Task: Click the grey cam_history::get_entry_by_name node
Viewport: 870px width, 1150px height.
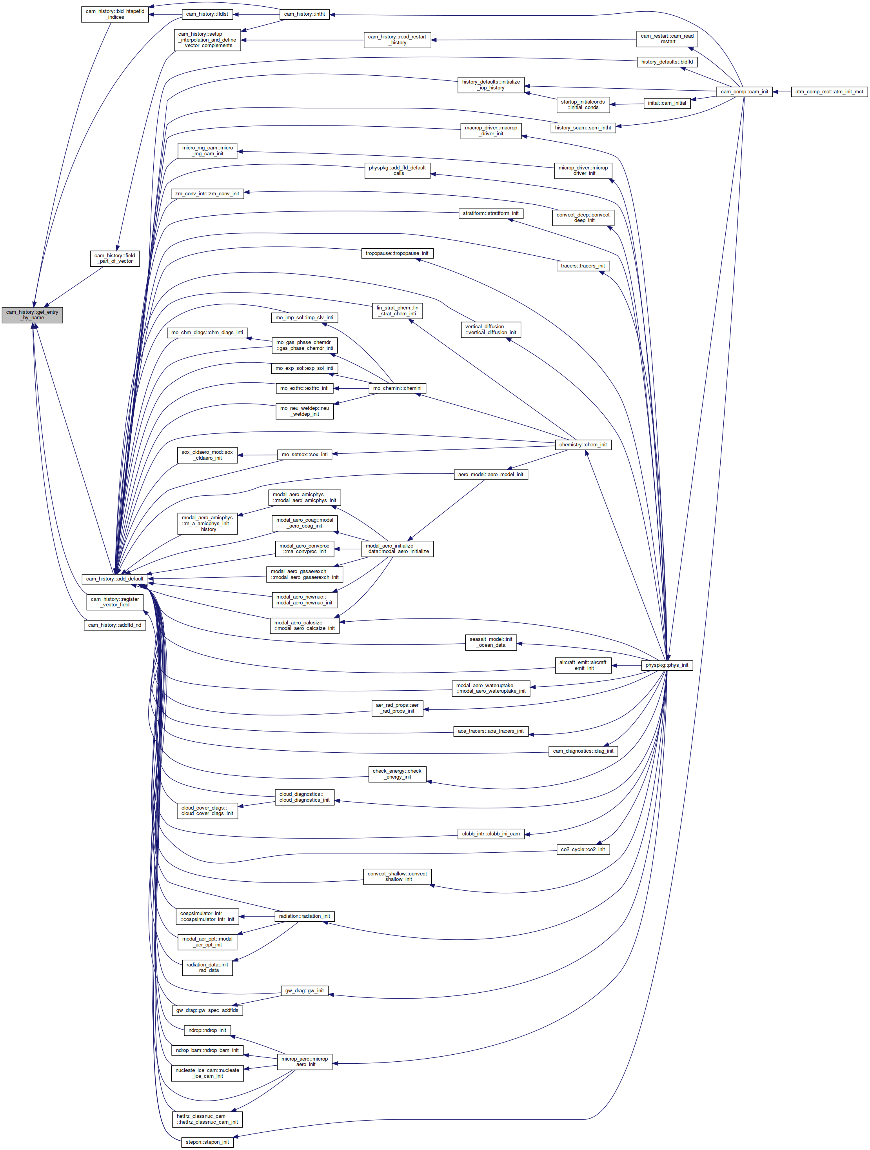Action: click(x=32, y=315)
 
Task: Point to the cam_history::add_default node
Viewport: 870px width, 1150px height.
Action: click(x=115, y=579)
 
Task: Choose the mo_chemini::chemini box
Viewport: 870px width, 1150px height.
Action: click(x=398, y=388)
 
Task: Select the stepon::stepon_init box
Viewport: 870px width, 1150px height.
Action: click(x=207, y=1142)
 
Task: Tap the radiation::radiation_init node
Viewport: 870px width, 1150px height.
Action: click(x=305, y=916)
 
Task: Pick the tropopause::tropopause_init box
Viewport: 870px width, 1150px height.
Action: click(x=397, y=253)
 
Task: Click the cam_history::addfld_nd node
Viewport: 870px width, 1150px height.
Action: click(x=115, y=625)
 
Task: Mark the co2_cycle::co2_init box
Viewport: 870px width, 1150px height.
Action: click(x=583, y=850)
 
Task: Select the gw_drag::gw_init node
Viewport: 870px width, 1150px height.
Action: click(x=305, y=991)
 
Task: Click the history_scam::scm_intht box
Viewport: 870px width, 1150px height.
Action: click(x=583, y=128)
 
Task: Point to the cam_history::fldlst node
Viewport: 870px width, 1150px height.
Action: click(x=207, y=14)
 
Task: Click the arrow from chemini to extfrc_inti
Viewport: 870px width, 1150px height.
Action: click(x=351, y=388)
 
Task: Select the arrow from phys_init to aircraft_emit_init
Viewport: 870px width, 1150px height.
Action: click(x=626, y=666)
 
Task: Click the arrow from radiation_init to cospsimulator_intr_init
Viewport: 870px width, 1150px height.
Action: click(x=257, y=917)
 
